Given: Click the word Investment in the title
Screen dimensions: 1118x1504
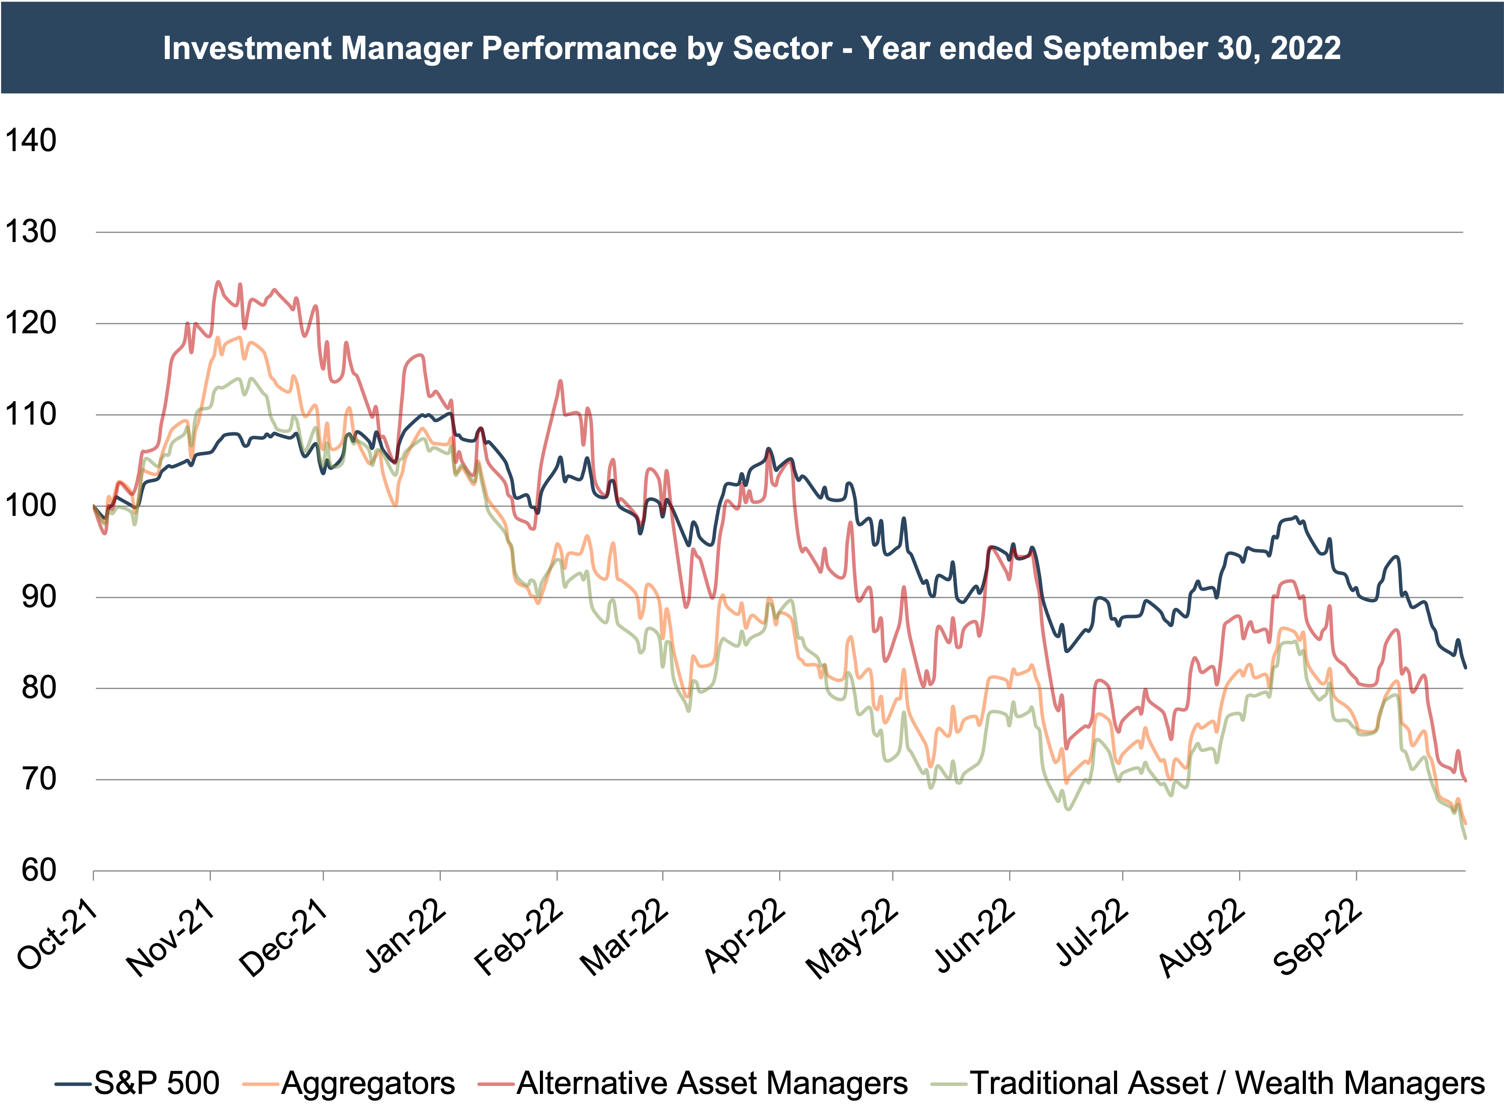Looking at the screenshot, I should pos(247,49).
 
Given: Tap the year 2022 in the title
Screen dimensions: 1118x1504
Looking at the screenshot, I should pos(1306,49).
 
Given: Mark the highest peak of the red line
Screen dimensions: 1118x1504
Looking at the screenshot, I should pos(218,282).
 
